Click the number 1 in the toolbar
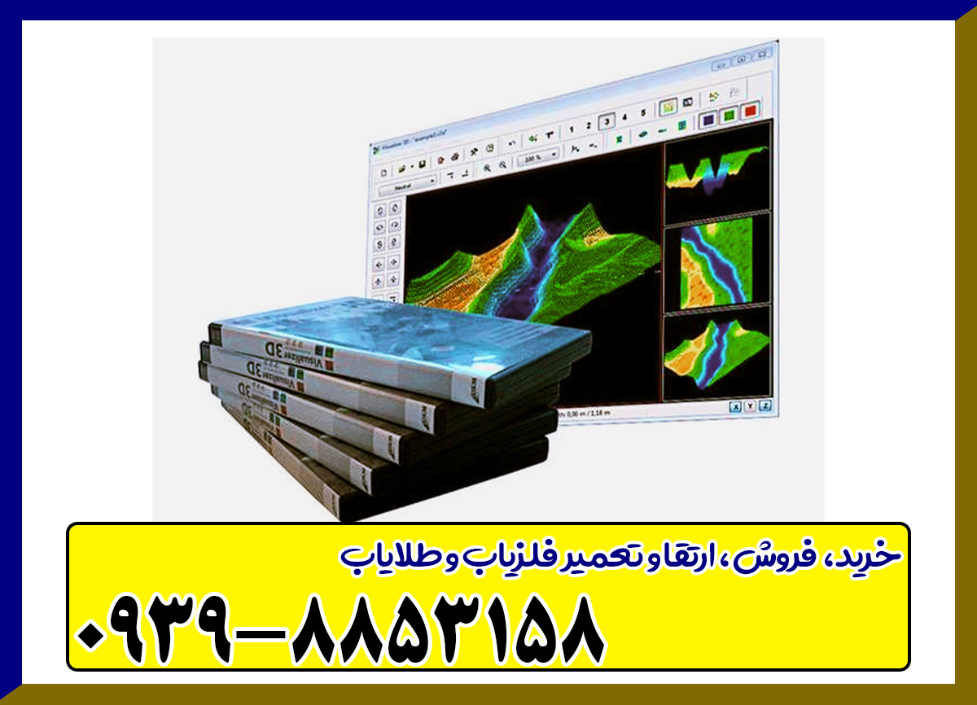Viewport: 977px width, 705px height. point(570,128)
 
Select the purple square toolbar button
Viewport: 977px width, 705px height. point(708,118)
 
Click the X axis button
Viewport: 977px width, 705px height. point(735,407)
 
